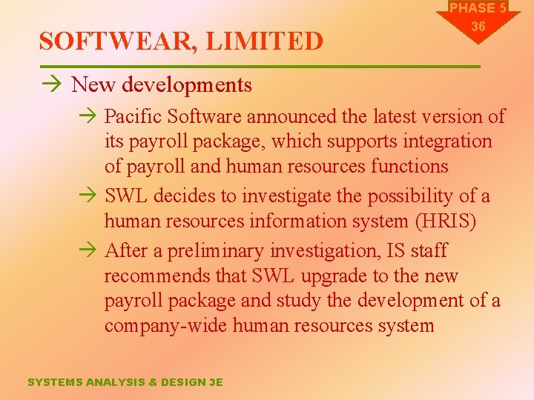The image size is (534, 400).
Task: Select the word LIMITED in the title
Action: click(x=265, y=41)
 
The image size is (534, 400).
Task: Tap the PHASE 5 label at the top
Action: click(x=478, y=8)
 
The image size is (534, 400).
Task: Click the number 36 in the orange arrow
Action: click(x=478, y=27)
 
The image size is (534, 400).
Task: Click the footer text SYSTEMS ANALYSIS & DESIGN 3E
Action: click(x=125, y=382)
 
